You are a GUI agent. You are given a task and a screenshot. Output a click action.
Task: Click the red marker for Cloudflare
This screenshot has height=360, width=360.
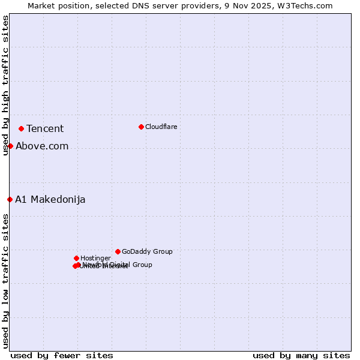141,127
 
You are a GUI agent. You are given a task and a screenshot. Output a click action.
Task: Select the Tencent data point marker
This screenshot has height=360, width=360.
21,128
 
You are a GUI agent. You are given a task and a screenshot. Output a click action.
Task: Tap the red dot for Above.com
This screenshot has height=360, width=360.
10,146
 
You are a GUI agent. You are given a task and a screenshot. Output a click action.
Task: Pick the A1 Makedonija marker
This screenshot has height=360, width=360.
10,199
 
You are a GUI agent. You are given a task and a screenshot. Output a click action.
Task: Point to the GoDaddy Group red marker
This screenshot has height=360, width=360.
118,251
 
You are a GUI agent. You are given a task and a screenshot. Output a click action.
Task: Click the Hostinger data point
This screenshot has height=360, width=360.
76,258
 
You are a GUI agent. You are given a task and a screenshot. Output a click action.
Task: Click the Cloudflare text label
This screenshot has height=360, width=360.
161,127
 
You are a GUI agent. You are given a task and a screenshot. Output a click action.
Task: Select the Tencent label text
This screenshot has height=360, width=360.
45,128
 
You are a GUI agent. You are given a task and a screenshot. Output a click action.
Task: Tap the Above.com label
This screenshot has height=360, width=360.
42,146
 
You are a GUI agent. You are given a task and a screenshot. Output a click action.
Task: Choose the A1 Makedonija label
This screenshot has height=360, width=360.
50,199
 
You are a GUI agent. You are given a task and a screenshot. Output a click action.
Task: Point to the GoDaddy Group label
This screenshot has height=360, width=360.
147,251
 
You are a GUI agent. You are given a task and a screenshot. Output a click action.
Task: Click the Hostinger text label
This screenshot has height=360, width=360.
95,258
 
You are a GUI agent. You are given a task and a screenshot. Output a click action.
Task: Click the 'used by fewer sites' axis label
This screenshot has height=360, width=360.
62,355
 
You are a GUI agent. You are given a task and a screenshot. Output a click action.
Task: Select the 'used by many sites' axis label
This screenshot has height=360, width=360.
301,355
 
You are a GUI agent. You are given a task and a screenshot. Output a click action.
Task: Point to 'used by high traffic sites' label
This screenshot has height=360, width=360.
5,85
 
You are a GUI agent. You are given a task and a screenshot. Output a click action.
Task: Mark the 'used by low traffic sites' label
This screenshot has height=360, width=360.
5,281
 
